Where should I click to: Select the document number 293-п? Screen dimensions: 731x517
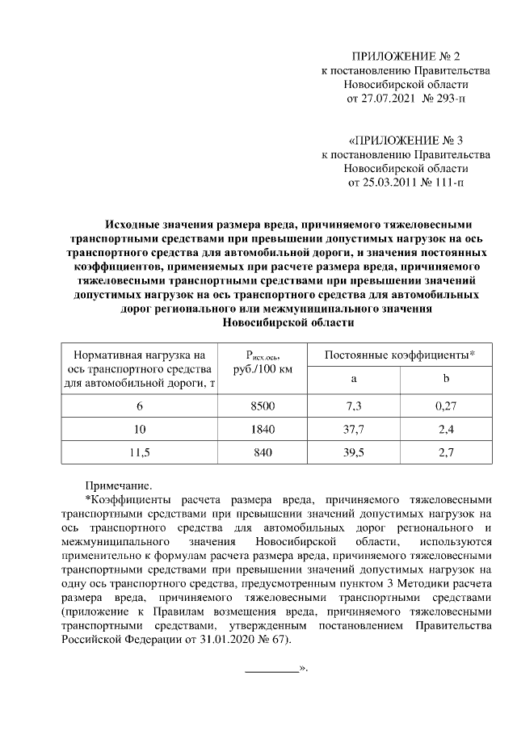[448, 99]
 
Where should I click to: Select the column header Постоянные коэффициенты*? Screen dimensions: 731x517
[399, 355]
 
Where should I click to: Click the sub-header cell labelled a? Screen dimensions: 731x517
[354, 380]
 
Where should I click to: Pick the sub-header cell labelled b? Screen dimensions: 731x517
[446, 380]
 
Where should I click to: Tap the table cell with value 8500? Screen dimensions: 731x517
[263, 405]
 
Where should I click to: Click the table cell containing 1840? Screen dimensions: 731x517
[263, 430]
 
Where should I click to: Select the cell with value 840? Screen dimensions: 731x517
[263, 453]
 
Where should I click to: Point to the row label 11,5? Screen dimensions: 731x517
[141, 453]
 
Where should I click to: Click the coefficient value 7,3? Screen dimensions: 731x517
[354, 405]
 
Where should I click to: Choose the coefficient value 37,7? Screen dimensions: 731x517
[354, 430]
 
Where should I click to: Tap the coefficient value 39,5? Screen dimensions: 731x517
[354, 453]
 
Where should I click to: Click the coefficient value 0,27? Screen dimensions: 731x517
[446, 405]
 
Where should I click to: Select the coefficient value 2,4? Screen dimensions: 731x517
[446, 430]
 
